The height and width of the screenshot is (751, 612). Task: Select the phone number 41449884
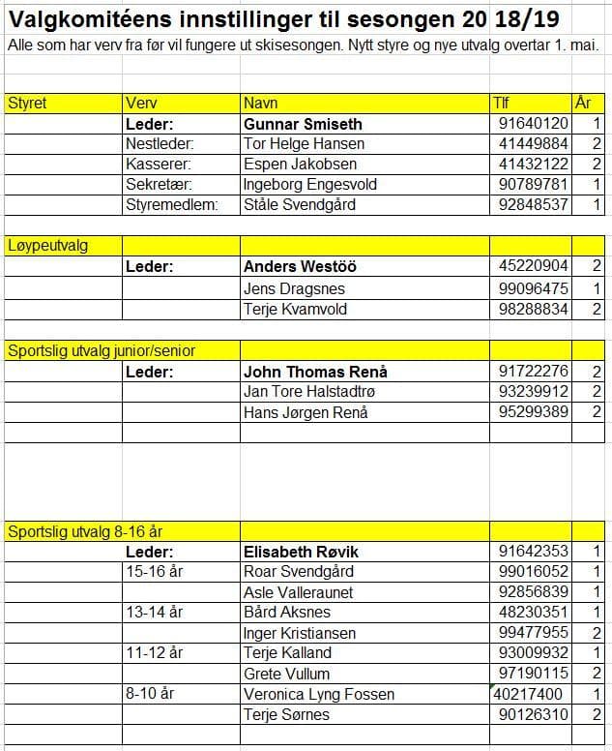tap(533, 144)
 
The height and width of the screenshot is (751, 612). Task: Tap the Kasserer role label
tap(159, 165)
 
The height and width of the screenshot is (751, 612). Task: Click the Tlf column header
tap(501, 103)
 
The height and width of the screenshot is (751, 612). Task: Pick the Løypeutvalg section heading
tap(47, 246)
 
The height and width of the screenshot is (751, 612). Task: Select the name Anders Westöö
tap(300, 267)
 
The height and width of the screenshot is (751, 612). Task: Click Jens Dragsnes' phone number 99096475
tap(533, 288)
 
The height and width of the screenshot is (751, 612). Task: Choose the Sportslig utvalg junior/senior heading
tap(102, 350)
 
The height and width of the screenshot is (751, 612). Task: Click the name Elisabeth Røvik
tap(302, 552)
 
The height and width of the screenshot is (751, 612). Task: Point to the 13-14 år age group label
tap(154, 612)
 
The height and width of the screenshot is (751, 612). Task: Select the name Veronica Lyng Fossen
tap(319, 694)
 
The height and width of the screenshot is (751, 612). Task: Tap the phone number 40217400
tap(528, 694)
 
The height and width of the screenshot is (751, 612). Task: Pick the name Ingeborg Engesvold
tap(310, 184)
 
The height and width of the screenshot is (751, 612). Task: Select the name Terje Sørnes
tap(286, 714)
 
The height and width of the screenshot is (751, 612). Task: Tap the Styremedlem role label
tap(172, 204)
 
